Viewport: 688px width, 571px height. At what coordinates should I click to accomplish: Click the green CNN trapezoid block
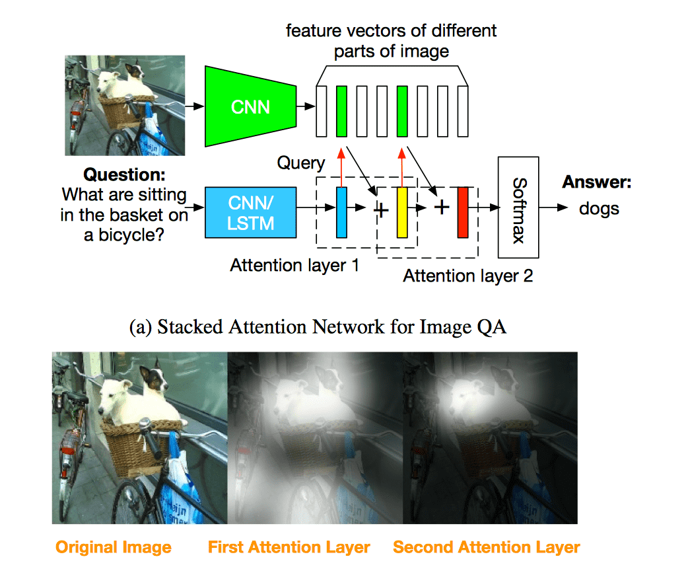[250, 106]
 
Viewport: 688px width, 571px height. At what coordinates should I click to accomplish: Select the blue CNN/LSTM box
[250, 213]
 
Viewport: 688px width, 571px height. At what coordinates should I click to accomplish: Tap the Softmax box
[518, 208]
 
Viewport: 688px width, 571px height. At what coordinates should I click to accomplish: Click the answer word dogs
[599, 209]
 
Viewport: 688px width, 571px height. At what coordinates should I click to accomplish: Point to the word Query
[301, 163]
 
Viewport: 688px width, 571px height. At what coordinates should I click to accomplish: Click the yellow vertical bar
[402, 213]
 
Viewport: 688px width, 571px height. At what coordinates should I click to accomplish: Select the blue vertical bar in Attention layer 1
[341, 213]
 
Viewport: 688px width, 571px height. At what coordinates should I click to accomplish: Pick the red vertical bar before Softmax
[462, 213]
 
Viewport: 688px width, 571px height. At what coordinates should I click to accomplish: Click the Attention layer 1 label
[294, 265]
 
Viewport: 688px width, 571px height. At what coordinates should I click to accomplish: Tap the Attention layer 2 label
[467, 276]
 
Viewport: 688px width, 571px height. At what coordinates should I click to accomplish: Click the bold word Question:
[125, 175]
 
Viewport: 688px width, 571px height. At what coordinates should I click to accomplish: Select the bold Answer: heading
[597, 182]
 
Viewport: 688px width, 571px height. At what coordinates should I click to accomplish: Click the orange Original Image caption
[113, 547]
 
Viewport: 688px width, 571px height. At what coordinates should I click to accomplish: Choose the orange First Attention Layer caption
[289, 547]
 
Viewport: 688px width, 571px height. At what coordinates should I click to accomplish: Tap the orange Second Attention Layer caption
[486, 547]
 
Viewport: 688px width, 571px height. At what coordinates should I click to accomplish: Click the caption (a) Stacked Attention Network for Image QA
[318, 326]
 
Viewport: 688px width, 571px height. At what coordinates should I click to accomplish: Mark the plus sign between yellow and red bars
[442, 207]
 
